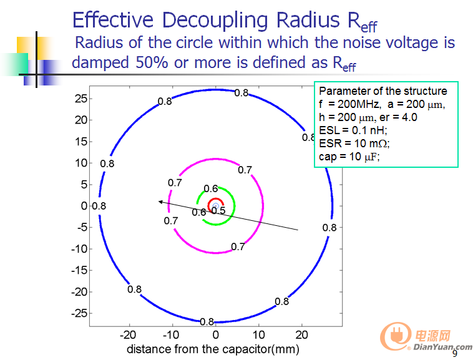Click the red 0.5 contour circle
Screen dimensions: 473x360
(216, 198)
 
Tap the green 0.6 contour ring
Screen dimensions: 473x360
(235, 206)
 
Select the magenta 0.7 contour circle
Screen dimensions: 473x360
(263, 206)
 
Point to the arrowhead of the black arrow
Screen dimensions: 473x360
(159, 202)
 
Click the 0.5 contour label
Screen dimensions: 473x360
(218, 210)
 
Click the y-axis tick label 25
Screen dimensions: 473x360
(81, 99)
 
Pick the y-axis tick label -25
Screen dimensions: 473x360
(79, 313)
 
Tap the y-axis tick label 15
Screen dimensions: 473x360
(81, 142)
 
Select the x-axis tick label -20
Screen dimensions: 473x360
(128, 334)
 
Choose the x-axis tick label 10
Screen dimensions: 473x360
(258, 334)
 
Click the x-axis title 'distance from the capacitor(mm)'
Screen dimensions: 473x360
(213, 349)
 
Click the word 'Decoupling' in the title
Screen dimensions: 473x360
(215, 21)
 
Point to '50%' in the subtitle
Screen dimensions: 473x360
(152, 62)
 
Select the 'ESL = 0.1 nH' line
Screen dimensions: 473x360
(353, 130)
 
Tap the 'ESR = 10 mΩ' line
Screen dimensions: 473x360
(354, 144)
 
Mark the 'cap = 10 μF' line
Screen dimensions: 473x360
(349, 157)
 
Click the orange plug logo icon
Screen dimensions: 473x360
(396, 335)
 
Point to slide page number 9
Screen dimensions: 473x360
(455, 353)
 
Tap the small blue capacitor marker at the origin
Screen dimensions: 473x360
(215, 206)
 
